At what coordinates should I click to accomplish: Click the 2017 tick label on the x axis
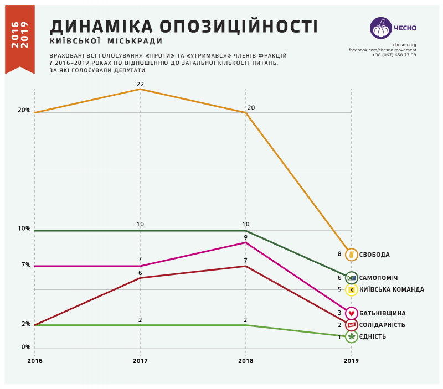coord(140,361)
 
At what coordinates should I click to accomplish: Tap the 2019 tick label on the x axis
coord(351,361)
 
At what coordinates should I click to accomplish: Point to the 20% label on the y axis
coord(24,110)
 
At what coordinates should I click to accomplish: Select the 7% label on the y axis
coord(26,264)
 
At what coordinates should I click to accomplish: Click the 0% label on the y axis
coord(26,347)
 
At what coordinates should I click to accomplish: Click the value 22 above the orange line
coord(140,84)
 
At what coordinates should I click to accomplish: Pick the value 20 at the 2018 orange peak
coord(251,107)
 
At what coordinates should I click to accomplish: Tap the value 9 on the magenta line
coord(246,237)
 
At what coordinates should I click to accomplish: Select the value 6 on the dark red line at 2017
coord(140,273)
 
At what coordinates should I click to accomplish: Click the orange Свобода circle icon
coord(351,255)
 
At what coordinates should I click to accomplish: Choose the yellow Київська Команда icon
coord(351,289)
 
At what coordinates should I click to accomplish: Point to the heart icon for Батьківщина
coord(351,313)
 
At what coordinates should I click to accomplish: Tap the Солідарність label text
coord(382,325)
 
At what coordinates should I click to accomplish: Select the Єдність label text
coord(373,336)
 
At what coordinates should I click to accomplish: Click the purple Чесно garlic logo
coord(381,28)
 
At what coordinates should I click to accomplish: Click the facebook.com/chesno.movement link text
coord(382,50)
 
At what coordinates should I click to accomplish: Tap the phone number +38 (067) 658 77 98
coord(394,55)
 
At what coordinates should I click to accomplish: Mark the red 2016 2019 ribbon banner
coord(20,38)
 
